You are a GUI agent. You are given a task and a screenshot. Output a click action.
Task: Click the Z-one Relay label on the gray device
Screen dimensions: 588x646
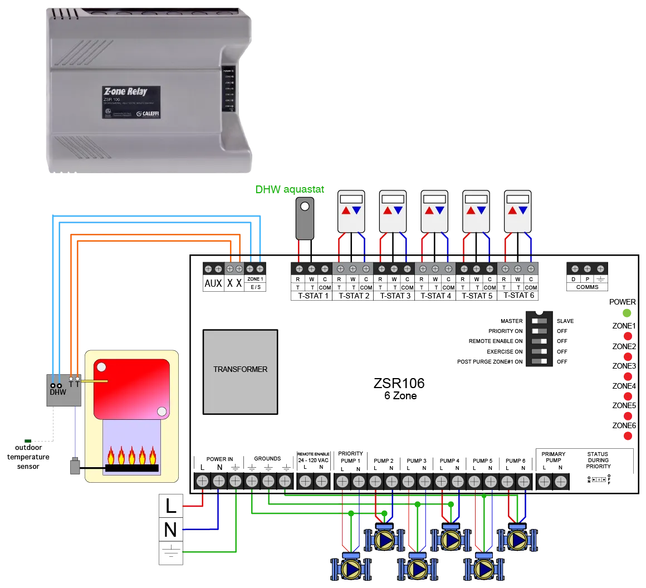[x=125, y=91]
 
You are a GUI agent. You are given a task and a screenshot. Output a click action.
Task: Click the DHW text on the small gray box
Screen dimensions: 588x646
[x=57, y=392]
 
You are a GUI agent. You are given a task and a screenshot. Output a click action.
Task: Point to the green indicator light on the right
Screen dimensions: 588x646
[x=628, y=313]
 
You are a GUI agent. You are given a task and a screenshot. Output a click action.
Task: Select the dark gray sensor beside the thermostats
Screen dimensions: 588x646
[x=304, y=218]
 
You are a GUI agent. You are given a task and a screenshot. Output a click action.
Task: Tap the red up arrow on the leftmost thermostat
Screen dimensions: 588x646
[x=346, y=211]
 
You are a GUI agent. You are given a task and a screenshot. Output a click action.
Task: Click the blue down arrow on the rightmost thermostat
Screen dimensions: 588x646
[x=523, y=211]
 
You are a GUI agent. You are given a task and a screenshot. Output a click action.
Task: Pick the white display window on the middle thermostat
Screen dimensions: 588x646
[x=434, y=199]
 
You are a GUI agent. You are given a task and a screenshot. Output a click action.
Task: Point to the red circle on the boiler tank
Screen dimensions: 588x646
[x=101, y=367]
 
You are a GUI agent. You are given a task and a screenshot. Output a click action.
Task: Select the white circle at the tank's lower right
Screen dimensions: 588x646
[x=161, y=411]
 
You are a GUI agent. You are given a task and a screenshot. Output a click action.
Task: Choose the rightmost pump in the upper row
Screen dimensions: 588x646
[x=518, y=540]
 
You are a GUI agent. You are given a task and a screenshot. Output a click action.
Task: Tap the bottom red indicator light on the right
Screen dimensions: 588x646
[x=628, y=437]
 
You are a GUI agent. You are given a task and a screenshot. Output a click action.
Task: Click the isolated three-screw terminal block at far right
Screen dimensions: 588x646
[x=588, y=268]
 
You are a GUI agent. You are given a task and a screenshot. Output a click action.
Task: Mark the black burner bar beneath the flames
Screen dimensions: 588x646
[x=132, y=468]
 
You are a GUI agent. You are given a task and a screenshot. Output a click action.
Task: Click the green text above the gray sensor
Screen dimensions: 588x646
[x=288, y=190]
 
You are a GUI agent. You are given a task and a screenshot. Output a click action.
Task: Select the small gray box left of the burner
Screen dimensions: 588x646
[x=74, y=466]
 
